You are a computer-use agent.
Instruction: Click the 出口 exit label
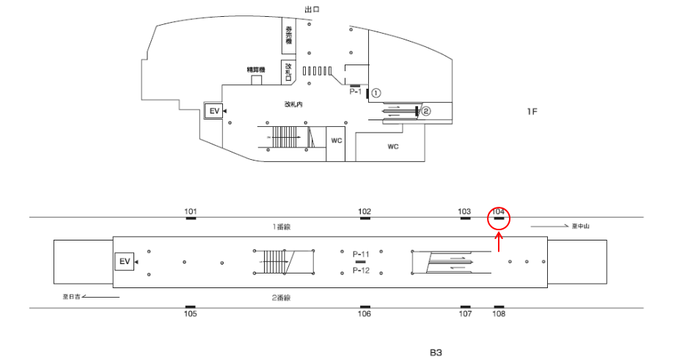click(312, 9)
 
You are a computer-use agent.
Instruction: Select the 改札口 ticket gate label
click(289, 71)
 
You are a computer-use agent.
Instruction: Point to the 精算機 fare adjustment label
click(256, 70)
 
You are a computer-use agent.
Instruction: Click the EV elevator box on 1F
click(215, 111)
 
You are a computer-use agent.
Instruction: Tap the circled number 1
click(376, 93)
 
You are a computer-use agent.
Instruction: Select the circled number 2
click(426, 111)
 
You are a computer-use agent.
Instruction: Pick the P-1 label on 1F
click(356, 92)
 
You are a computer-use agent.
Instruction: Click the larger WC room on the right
click(392, 147)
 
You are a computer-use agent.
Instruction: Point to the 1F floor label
click(532, 111)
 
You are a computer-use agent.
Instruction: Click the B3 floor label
click(436, 353)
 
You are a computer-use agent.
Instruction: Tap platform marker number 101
click(191, 212)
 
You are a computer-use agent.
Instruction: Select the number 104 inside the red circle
click(499, 212)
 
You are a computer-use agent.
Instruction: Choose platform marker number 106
click(365, 314)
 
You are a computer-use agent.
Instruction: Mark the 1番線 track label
click(282, 227)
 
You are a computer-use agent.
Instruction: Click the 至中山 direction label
click(581, 226)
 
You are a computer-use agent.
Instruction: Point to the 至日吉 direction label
click(71, 297)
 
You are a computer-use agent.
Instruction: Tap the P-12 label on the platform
click(360, 271)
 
